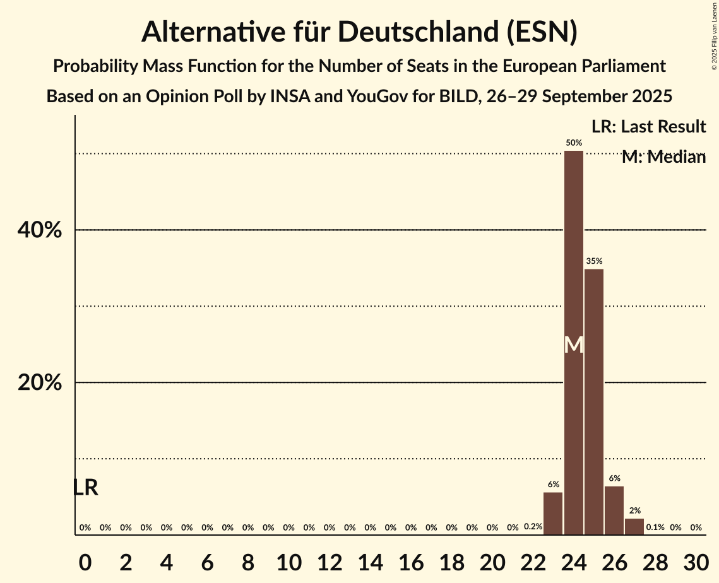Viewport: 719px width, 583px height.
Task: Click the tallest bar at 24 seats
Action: click(573, 265)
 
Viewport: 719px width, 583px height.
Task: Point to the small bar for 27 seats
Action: click(634, 526)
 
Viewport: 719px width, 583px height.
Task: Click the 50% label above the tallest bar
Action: click(574, 143)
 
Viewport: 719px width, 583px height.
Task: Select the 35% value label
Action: click(594, 261)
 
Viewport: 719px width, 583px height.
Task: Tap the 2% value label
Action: click(634, 510)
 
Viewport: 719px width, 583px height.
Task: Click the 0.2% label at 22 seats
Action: click(533, 527)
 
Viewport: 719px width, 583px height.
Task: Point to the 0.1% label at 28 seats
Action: click(655, 527)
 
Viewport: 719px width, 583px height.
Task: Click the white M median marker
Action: click(574, 344)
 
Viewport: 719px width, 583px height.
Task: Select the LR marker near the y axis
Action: click(85, 487)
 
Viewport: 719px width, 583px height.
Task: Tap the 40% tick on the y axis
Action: click(40, 230)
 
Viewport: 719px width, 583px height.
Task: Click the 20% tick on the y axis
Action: click(40, 383)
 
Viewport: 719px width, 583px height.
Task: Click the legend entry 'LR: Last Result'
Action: click(648, 127)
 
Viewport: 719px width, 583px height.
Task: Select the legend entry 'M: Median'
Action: click(663, 157)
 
